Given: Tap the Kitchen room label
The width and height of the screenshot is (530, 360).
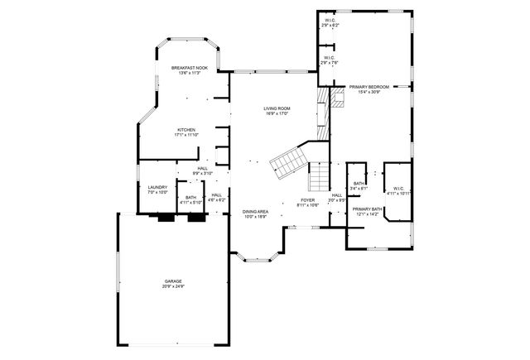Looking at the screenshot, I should pyautogui.click(x=185, y=131).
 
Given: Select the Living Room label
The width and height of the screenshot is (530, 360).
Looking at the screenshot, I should pyautogui.click(x=276, y=108).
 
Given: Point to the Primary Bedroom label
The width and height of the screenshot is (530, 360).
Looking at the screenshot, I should pyautogui.click(x=369, y=87).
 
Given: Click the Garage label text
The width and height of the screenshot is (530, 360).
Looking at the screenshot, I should pyautogui.click(x=173, y=281).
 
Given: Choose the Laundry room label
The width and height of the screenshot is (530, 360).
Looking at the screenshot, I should pyautogui.click(x=157, y=187).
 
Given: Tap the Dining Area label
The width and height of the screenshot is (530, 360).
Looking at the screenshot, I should pyautogui.click(x=255, y=212).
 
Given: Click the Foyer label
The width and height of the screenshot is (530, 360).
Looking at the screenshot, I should pyautogui.click(x=307, y=200).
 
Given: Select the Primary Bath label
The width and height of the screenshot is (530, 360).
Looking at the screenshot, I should pyautogui.click(x=366, y=209).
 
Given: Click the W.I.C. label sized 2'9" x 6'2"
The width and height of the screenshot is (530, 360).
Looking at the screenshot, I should pyautogui.click(x=330, y=21).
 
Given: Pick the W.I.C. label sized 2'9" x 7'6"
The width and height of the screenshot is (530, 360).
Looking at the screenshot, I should pyautogui.click(x=330, y=58).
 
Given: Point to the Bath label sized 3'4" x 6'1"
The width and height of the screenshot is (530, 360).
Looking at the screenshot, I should pyautogui.click(x=359, y=185).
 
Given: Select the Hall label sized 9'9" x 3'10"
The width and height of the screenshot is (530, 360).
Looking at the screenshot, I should pyautogui.click(x=203, y=170).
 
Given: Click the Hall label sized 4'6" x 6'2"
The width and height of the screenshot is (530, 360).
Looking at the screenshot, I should pyautogui.click(x=216, y=197).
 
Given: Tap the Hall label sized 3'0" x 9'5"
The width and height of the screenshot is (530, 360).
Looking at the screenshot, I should pyautogui.click(x=337, y=197).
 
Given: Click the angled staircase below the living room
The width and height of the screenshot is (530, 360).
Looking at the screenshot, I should pyautogui.click(x=289, y=161).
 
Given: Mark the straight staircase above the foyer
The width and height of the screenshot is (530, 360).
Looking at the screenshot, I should pyautogui.click(x=319, y=175).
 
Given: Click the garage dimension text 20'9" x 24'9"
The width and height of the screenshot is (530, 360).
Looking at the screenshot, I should pyautogui.click(x=173, y=286).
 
